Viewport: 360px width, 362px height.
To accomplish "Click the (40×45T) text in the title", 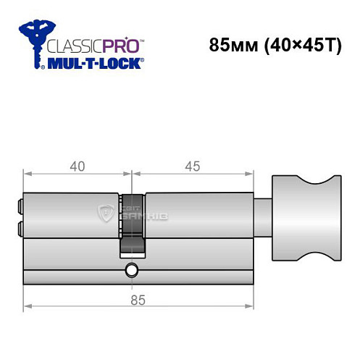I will pos(299,44).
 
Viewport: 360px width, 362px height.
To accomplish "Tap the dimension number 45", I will pos(193,166).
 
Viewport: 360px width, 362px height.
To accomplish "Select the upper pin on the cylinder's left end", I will pos(20,207).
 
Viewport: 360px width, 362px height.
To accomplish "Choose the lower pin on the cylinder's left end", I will pos(20,230).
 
